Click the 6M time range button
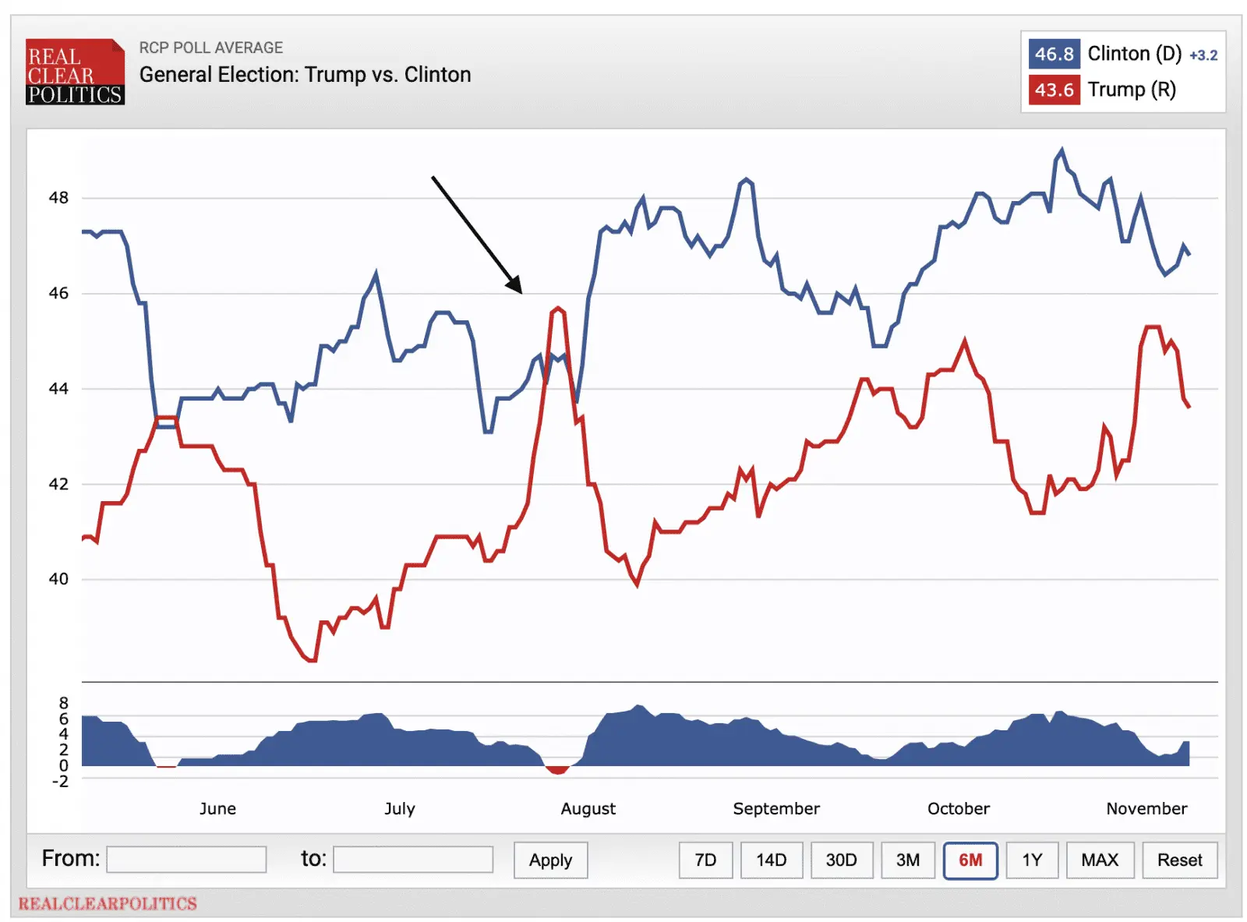(970, 860)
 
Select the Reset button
(1179, 860)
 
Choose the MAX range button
(1099, 860)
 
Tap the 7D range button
(705, 860)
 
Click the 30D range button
(841, 860)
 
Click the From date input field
(186, 859)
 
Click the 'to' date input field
(412, 859)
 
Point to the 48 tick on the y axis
(58, 198)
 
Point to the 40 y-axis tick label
(58, 579)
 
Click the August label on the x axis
(588, 809)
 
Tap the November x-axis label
(1146, 809)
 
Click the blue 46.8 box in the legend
(1054, 54)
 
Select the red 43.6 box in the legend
(1054, 90)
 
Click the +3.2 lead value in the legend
(1203, 55)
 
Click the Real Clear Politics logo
(75, 72)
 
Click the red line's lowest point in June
(312, 660)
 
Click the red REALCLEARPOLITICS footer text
(108, 903)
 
